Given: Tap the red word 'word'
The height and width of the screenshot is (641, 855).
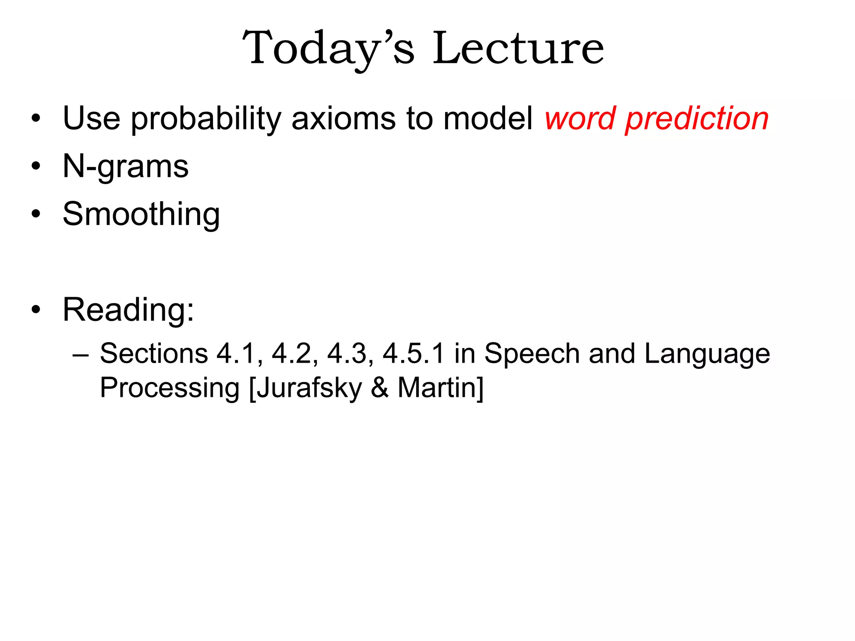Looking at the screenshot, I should pos(580,119).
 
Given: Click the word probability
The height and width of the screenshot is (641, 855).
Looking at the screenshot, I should pos(206,119).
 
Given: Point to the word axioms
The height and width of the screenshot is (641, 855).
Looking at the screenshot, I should pos(343,119).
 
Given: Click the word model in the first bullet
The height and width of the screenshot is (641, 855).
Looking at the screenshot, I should pos(487,119).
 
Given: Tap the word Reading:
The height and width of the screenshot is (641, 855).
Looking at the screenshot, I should pos(128,310).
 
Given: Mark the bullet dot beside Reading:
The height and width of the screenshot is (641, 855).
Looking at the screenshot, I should pos(36,310).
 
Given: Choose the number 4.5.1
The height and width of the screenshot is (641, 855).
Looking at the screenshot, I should pos(413,354).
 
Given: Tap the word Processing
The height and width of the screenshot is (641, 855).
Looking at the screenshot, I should pos(169,389).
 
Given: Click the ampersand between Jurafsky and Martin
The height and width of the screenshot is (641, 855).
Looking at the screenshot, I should pos(379,388).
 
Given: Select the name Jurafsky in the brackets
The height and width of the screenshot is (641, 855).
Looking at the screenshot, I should pos(309,389).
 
